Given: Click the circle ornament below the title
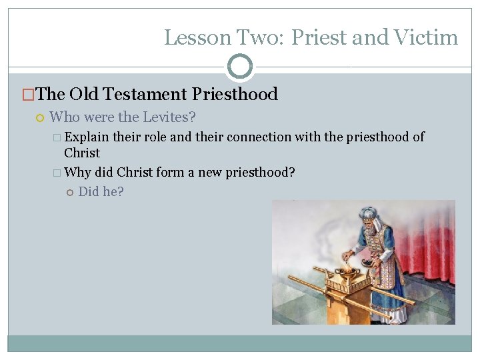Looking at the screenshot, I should [240, 67].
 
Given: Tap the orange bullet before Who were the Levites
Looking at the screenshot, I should [39, 118].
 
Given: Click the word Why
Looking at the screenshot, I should [78, 172].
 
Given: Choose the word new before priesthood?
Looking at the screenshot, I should [208, 172].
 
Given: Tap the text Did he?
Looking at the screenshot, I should [101, 192].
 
